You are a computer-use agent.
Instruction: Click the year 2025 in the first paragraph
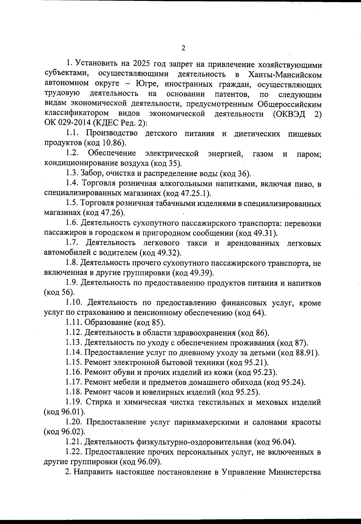pyautogui.click(x=140, y=64)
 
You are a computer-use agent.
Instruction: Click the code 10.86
pyautogui.click(x=108, y=143)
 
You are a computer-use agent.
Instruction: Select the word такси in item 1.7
pyautogui.click(x=197, y=243)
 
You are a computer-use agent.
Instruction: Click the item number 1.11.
pyautogui.click(x=74, y=323)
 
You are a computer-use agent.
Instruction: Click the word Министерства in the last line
pyautogui.click(x=295, y=472)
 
